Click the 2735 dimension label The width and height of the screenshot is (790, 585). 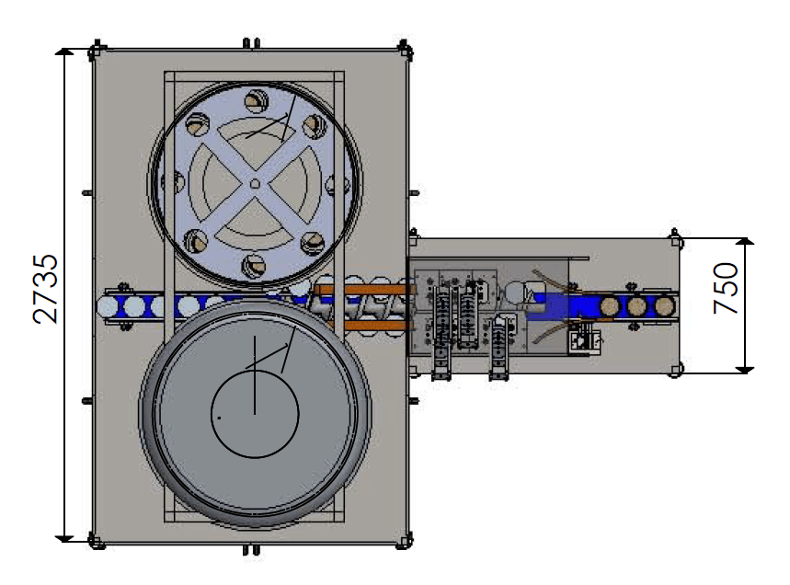[45, 288]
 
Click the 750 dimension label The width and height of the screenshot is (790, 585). [726, 288]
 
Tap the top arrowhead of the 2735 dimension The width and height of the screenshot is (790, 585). [64, 52]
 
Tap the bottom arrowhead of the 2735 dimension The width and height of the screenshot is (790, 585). [64, 538]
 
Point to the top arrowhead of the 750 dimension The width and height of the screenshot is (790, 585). [745, 242]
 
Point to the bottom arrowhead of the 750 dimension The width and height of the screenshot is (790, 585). [745, 370]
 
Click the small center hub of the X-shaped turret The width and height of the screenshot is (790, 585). [255, 184]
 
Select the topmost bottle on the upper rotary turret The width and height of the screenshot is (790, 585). [257, 101]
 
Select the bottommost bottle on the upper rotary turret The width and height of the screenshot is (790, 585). [254, 266]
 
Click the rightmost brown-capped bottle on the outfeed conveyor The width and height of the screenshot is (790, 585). [665, 305]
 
